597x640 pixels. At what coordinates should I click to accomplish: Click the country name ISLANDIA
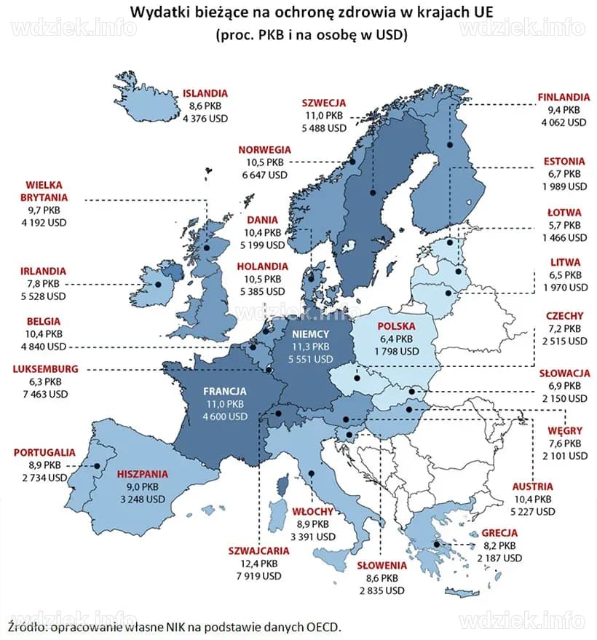(x=205, y=93)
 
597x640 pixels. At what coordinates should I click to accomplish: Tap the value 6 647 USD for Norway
(x=265, y=175)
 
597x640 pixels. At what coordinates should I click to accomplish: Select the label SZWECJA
(x=324, y=103)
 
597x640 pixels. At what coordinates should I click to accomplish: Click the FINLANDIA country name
(x=564, y=97)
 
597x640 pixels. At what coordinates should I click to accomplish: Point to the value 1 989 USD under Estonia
(x=564, y=186)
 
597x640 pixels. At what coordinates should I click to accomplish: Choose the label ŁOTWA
(x=565, y=212)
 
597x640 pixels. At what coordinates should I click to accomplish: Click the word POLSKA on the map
(x=397, y=327)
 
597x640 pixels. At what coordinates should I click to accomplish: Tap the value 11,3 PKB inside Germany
(x=311, y=347)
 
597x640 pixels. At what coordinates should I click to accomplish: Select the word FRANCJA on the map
(x=225, y=390)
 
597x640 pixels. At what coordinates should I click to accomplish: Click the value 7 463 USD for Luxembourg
(x=44, y=394)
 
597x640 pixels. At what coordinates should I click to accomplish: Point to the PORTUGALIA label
(x=44, y=452)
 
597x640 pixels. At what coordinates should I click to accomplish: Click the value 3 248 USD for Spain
(x=142, y=499)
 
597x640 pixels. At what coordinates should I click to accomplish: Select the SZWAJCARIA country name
(x=258, y=550)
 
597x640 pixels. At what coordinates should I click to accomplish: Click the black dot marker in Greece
(x=436, y=544)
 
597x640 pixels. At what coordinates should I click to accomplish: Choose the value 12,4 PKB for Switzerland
(x=258, y=564)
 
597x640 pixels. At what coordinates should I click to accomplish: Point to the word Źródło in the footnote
(x=25, y=626)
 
